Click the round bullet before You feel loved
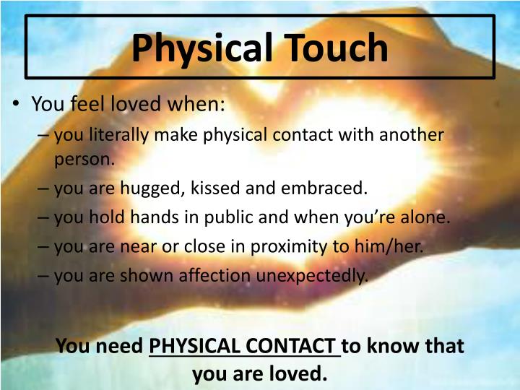(x=17, y=104)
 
